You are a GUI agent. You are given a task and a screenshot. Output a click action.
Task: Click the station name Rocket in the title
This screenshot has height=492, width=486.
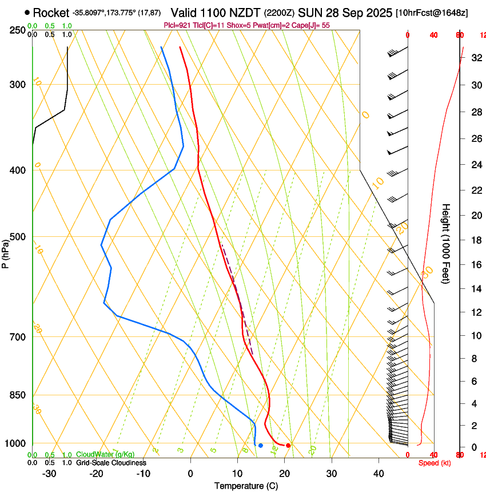pos(51,13)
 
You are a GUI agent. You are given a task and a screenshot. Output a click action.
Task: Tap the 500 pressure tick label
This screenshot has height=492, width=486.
pos(17,237)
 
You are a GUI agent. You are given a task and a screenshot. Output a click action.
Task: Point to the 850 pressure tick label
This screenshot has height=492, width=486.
pos(17,395)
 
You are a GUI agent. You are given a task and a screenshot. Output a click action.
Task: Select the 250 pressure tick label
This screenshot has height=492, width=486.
pos(17,30)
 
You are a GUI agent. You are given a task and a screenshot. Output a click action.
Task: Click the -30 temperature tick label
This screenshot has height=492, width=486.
pos(49,474)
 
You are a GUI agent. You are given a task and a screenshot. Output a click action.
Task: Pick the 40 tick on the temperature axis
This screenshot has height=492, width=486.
pos(379,474)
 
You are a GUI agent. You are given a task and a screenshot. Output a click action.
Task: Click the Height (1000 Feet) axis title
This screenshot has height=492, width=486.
pos(447,244)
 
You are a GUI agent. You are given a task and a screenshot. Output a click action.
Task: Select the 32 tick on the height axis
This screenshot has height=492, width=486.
pos(476,58)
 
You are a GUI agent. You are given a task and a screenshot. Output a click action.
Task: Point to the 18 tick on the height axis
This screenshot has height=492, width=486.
pos(476,240)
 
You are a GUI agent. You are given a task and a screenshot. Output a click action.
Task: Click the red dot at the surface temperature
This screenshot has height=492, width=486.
pos(288,445)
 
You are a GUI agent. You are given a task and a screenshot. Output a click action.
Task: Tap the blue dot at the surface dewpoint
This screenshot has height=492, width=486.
pos(260,445)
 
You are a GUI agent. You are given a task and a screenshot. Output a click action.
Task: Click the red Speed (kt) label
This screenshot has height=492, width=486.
pos(434,463)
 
